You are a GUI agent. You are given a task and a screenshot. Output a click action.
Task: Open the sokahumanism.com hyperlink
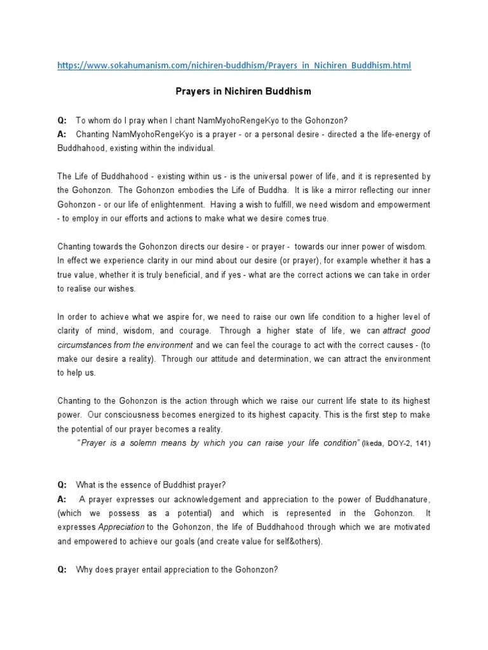234,65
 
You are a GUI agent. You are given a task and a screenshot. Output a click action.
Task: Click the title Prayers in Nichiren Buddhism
243,91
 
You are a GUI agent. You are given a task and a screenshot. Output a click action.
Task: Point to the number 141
421,443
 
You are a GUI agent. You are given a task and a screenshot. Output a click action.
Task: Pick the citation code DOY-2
399,443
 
